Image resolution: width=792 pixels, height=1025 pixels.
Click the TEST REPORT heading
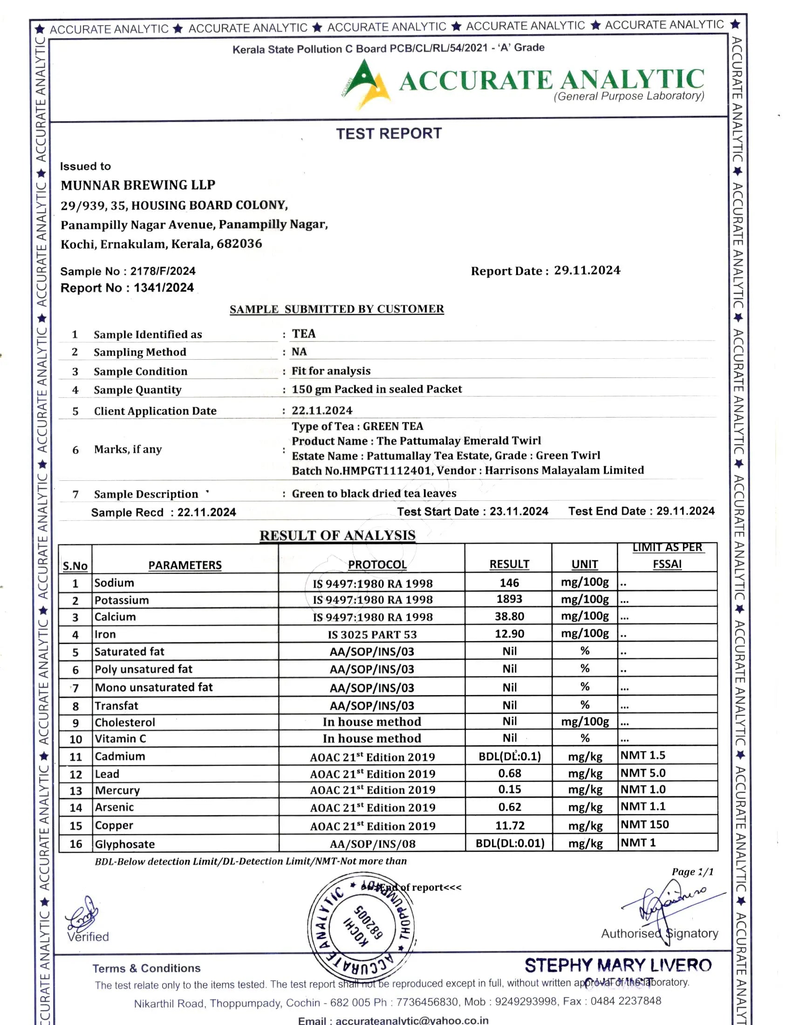(x=389, y=134)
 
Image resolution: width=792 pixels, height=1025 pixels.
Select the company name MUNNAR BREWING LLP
(x=138, y=185)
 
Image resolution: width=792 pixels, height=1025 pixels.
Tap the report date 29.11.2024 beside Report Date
(x=587, y=270)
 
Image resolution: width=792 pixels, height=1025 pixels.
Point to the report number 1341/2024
(x=164, y=287)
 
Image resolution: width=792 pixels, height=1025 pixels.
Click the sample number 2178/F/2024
(x=163, y=271)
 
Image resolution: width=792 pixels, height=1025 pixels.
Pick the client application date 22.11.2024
(x=322, y=410)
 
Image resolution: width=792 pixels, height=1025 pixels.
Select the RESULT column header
(x=509, y=564)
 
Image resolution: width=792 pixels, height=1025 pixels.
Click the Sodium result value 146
(x=509, y=583)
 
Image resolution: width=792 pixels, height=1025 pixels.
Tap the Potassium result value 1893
(x=509, y=599)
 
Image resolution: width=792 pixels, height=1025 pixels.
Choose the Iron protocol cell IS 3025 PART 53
(x=372, y=635)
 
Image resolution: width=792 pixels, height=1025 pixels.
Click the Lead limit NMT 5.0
(x=643, y=773)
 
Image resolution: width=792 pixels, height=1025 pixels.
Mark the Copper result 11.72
(x=510, y=826)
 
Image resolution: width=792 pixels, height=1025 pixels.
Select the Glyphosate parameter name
(x=125, y=844)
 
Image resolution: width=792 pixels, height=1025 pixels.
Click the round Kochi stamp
(x=360, y=927)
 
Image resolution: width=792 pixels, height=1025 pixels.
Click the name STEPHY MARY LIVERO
(x=618, y=965)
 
